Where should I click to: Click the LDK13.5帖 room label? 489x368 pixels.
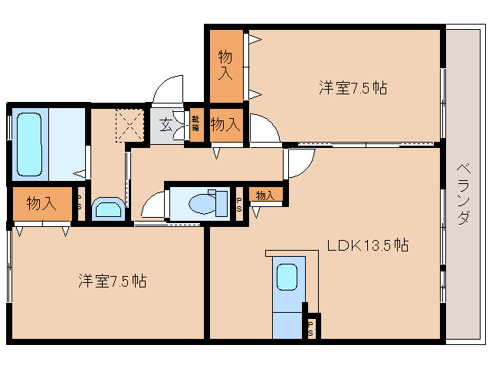[367, 245]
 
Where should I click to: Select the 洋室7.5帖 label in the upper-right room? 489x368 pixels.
[353, 88]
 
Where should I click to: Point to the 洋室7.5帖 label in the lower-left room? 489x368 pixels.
[112, 281]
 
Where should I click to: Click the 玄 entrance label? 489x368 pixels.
[166, 122]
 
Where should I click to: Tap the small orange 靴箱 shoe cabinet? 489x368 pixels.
[195, 123]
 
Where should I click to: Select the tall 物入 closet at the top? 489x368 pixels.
[225, 65]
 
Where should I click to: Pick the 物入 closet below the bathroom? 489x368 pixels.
[41, 203]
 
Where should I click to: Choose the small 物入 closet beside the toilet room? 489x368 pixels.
[265, 195]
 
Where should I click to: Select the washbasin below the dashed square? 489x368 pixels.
[106, 209]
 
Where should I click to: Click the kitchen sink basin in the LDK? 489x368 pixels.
[287, 277]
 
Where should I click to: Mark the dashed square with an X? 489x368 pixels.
[130, 124]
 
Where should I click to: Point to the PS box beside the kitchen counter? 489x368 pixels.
[310, 327]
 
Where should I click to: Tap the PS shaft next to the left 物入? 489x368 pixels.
[80, 203]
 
